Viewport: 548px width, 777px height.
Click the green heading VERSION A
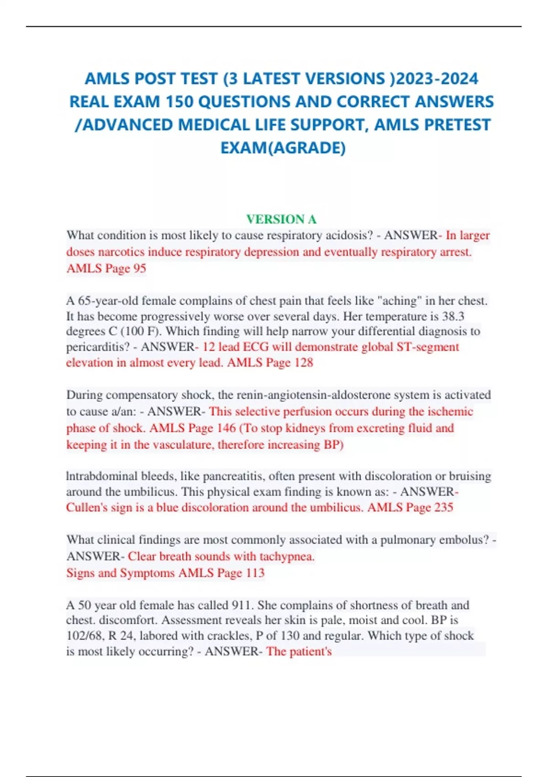tap(281, 219)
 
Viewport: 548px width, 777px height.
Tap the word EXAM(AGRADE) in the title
tap(283, 148)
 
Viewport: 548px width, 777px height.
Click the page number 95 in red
tap(139, 268)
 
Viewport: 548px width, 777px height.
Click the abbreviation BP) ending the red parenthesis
tap(333, 445)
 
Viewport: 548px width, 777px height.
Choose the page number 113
tap(254, 573)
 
